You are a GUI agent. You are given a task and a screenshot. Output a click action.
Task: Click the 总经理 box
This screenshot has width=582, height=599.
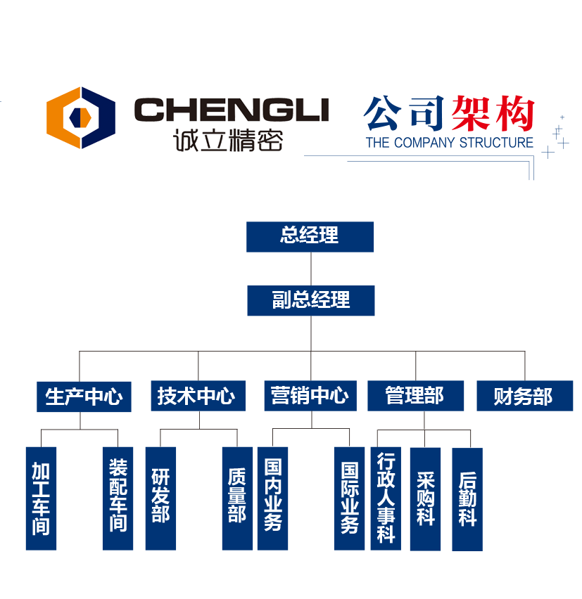pos(310,236)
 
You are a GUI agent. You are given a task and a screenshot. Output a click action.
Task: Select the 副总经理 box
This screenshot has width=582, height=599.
pos(310,301)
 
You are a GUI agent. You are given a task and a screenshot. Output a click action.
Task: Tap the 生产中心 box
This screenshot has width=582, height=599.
pos(84,397)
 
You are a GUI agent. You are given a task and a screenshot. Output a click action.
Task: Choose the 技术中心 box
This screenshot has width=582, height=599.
pos(198,397)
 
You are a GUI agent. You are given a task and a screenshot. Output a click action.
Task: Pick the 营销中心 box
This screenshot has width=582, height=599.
pos(310,397)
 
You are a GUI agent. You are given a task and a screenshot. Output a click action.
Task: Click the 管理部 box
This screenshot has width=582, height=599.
pos(415,397)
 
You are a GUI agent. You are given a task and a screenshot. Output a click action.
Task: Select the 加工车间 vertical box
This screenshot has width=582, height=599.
pos(41,498)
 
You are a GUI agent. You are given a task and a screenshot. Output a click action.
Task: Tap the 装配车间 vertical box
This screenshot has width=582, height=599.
pos(118,498)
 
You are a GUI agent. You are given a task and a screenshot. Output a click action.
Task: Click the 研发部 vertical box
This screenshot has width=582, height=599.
pos(160,498)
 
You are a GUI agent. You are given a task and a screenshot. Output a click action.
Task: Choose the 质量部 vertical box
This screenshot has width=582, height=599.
pos(237,498)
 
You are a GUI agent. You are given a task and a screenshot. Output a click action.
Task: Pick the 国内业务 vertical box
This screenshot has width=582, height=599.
pos(272,498)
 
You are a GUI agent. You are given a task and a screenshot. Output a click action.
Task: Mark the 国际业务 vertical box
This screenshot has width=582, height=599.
pos(349,498)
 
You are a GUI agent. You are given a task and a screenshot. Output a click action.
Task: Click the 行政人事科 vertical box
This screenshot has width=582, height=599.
pos(386,498)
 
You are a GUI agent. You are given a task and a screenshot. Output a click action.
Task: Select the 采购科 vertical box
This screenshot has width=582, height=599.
pos(425,498)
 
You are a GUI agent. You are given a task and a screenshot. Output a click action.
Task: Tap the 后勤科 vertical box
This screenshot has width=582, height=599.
pos(467,498)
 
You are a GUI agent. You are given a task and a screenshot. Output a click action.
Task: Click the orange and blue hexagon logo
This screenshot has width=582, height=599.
pos(81,117)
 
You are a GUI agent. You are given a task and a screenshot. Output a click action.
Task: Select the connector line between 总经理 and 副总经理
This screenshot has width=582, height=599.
pos(310,269)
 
